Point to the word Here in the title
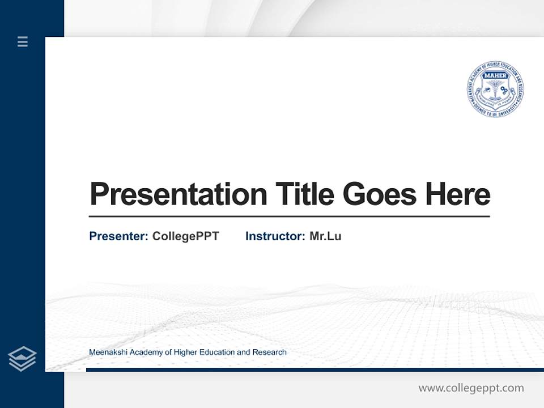[458, 194]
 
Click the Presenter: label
[119, 236]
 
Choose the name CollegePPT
[185, 236]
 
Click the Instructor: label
[275, 236]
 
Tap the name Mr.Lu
[325, 236]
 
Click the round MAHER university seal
[495, 90]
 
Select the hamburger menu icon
[23, 41]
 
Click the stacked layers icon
[22, 359]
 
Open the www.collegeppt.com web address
[471, 388]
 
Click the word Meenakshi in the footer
[108, 352]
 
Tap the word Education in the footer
[216, 352]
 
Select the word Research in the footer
[269, 352]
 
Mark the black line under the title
[289, 216]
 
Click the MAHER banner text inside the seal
[495, 74]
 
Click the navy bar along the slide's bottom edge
[312, 370]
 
